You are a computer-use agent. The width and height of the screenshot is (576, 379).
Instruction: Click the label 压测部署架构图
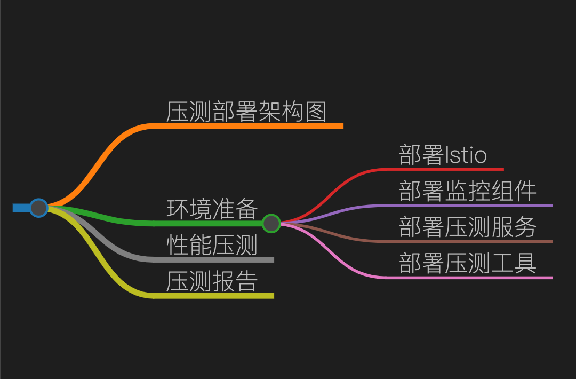[246, 112]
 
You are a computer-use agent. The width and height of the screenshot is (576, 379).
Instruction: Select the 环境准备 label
[212, 209]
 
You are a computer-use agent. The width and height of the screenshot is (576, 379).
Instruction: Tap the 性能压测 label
[212, 245]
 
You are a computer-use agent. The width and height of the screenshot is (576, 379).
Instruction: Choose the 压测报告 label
[212, 281]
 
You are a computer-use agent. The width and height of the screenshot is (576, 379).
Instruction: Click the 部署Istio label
[443, 155]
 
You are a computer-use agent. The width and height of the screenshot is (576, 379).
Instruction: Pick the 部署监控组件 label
[468, 191]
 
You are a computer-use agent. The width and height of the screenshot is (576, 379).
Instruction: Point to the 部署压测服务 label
[468, 227]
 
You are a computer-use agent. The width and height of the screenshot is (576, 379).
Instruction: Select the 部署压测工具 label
[468, 263]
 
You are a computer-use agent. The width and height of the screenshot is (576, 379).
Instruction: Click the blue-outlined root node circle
[38, 208]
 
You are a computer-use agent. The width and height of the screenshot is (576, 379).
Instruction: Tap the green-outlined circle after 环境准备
[271, 223]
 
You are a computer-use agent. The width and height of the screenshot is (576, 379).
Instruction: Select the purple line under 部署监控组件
[469, 205]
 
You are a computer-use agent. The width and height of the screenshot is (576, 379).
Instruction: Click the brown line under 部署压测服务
[469, 241]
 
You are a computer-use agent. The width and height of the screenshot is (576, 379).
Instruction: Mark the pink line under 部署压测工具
[469, 278]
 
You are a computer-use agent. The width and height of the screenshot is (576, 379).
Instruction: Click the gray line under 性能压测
[213, 259]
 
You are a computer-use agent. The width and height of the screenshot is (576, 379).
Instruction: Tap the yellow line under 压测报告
[213, 296]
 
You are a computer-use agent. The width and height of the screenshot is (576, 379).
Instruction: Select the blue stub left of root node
[20, 208]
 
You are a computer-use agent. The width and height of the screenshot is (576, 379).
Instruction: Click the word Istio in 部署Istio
[465, 155]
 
